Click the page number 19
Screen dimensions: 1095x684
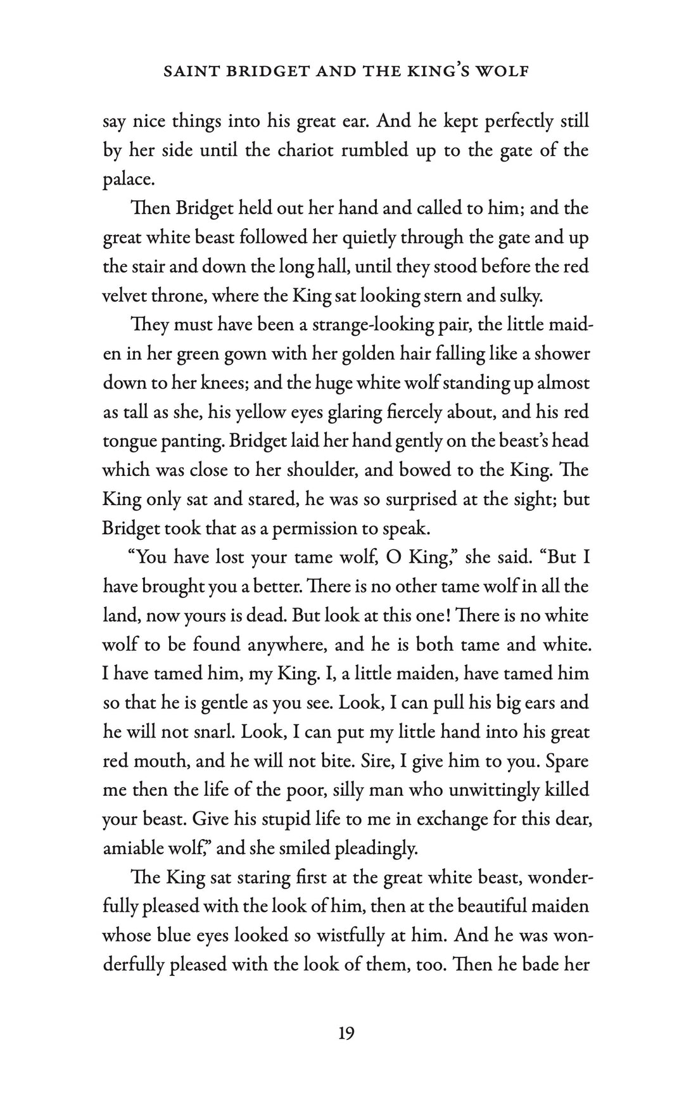coord(346,1034)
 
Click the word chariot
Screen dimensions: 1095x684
coord(303,150)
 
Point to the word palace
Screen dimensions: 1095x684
coord(129,181)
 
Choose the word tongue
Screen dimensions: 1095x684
coord(127,442)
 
